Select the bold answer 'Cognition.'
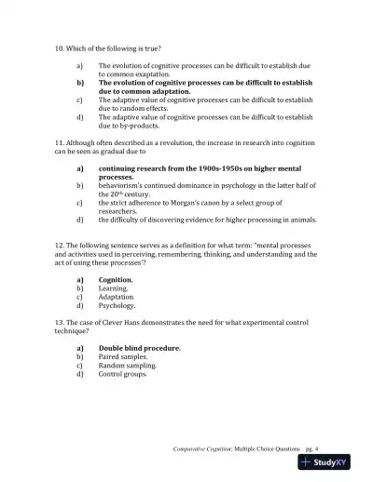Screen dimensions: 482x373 point(116,279)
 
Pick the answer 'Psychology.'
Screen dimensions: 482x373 point(117,305)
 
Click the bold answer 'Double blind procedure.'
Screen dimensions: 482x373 point(140,348)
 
